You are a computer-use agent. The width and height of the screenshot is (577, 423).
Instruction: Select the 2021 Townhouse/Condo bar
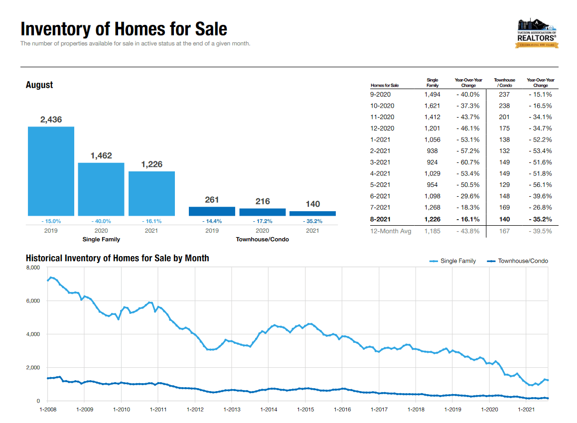point(312,214)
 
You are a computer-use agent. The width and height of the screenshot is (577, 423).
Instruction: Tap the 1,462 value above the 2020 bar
point(101,156)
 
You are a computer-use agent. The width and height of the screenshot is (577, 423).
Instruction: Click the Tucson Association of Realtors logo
point(537,33)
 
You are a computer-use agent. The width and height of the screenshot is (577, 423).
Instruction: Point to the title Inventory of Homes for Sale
point(124,29)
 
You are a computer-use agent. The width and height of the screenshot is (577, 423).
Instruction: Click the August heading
point(39,85)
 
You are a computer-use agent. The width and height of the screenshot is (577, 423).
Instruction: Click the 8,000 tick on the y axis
point(32,268)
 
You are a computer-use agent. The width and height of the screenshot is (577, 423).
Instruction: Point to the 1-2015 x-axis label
point(305,410)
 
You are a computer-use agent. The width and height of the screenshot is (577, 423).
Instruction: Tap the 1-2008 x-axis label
point(48,410)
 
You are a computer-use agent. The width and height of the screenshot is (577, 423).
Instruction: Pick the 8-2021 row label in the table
point(380,219)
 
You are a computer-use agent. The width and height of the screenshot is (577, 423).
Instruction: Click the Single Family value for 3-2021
point(433,162)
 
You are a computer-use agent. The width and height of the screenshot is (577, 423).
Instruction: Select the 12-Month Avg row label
point(391,231)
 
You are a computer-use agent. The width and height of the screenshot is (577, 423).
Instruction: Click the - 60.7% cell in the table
point(468,162)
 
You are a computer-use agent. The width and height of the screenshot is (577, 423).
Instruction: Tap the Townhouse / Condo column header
point(504,83)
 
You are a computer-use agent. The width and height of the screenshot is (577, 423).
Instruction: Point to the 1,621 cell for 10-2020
point(433,106)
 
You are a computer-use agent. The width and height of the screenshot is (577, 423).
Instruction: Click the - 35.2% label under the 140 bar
point(312,221)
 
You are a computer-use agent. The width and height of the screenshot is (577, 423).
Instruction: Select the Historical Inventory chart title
point(117,258)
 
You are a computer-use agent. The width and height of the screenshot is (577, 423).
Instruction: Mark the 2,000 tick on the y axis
point(32,368)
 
